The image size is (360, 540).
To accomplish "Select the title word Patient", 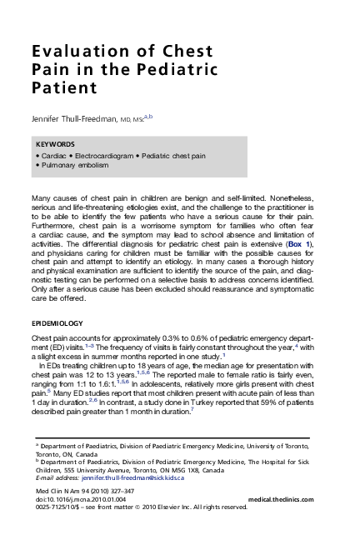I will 63,87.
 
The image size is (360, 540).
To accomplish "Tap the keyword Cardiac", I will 52,156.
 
